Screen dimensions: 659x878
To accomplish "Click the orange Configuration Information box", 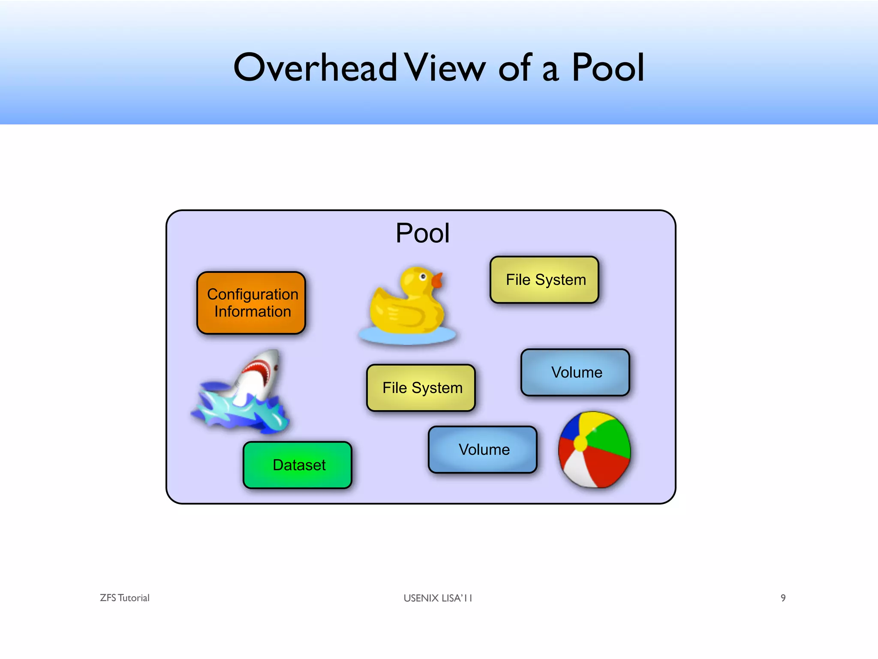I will pyautogui.click(x=251, y=303).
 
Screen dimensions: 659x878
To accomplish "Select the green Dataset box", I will pyautogui.click(x=298, y=465).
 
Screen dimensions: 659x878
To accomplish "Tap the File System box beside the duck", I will pyautogui.click(x=544, y=280).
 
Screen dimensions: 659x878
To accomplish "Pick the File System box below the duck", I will pyautogui.click(x=421, y=388).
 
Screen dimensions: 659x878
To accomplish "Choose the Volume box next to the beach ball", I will pyautogui.click(x=483, y=450).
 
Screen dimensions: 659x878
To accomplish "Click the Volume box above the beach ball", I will pyautogui.click(x=575, y=372).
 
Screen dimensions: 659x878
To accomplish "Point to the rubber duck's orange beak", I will pyautogui.click(x=437, y=281).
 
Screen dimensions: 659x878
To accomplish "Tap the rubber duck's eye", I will pyautogui.click(x=423, y=277).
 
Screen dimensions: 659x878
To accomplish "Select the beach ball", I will pyautogui.click(x=594, y=450).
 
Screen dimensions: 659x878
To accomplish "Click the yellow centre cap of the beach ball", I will pyautogui.click(x=580, y=443).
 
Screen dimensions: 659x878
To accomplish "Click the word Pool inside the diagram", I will pyautogui.click(x=422, y=233).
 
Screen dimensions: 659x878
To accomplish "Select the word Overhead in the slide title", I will pyautogui.click(x=315, y=67).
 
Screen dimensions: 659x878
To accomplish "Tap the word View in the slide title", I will pyautogui.click(x=446, y=67).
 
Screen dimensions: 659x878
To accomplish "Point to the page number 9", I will pyautogui.click(x=783, y=598).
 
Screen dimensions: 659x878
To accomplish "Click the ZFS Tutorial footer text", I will pyautogui.click(x=125, y=598).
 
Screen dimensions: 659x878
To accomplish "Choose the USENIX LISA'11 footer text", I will pyautogui.click(x=438, y=598).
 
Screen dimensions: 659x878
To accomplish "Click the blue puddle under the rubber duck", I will pyautogui.click(x=407, y=336).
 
